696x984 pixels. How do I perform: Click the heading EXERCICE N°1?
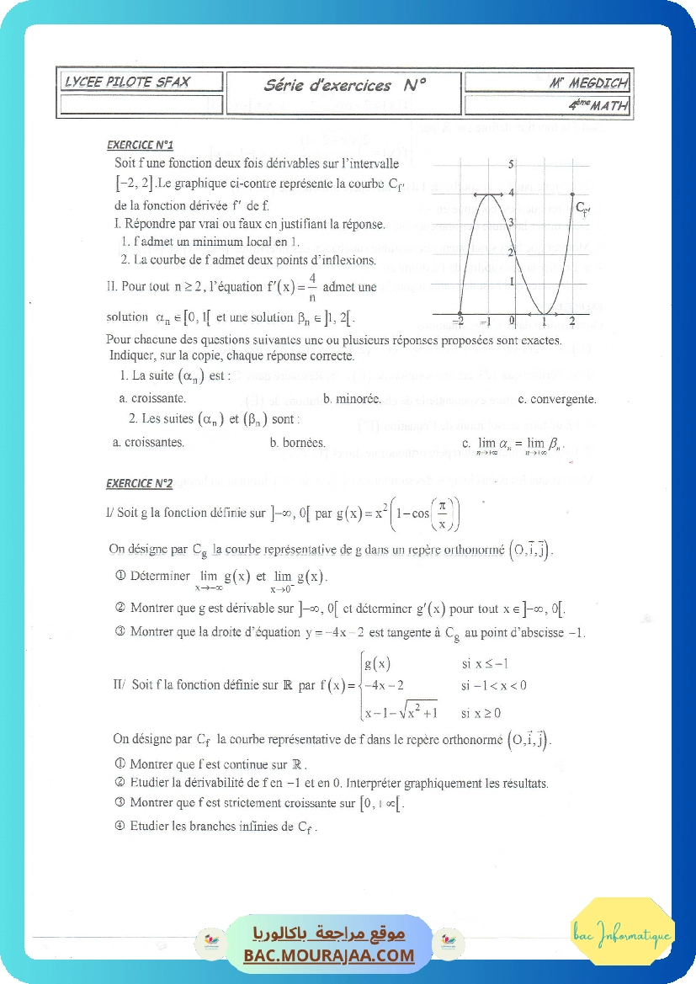(141, 145)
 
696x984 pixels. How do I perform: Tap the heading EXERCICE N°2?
(140, 483)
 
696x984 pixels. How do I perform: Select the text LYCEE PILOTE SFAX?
(128, 82)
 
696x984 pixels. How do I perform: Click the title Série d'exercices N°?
(345, 84)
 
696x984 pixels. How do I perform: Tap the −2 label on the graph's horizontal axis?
(458, 321)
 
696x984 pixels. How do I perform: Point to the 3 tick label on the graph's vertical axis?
(512, 222)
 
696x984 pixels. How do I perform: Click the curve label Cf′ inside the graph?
(582, 207)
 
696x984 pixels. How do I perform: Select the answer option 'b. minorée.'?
(352, 399)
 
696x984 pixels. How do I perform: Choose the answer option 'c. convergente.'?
(557, 399)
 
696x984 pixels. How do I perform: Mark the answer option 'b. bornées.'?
(297, 441)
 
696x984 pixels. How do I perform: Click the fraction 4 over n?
(312, 286)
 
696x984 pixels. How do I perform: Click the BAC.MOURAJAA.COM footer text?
(329, 955)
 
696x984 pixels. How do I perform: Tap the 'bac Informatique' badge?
(622, 934)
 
